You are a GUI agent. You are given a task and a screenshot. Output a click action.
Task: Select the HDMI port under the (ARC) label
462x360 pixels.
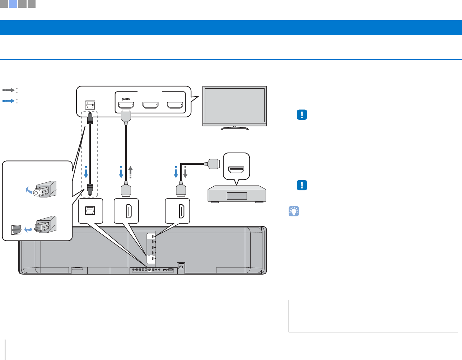coord(126,105)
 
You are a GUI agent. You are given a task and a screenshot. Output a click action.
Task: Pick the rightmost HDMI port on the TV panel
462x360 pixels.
coord(175,105)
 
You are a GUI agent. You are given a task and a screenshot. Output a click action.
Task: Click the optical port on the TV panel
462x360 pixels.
coord(90,105)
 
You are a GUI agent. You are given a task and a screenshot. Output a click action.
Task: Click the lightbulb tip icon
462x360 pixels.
coord(294,211)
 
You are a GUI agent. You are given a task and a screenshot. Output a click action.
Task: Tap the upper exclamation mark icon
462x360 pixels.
coord(302,115)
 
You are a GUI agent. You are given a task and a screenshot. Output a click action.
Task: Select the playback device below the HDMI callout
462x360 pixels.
coord(237,194)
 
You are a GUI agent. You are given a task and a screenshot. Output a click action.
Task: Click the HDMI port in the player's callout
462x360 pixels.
coord(236,168)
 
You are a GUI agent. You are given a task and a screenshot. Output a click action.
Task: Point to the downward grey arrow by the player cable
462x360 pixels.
coord(186,172)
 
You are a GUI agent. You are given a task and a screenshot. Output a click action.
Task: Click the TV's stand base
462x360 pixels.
coord(234,127)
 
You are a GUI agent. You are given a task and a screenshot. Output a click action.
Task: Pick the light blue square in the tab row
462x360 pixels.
coord(13,4)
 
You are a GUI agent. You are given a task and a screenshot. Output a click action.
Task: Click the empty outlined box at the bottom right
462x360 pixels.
coord(373,316)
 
